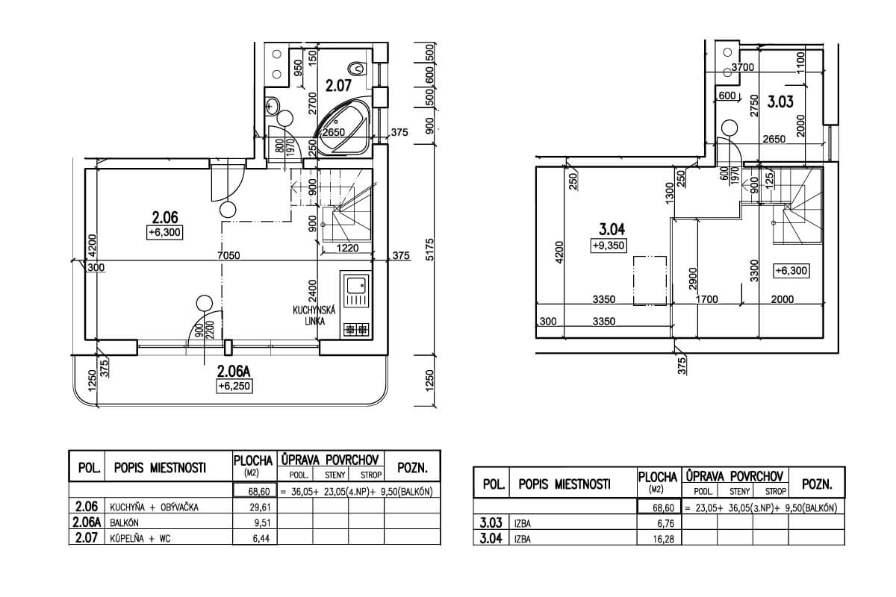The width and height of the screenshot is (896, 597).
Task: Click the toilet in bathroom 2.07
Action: [357, 69]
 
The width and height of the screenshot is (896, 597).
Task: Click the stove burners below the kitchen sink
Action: [356, 330]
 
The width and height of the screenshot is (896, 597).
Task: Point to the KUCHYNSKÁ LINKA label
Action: [314, 316]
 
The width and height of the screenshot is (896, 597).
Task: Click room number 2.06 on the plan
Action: [165, 217]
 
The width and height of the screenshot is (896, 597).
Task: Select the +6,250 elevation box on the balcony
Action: [234, 387]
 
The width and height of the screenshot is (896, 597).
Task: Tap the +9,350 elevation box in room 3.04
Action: [609, 246]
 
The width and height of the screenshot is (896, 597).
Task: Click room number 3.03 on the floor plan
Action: [780, 102]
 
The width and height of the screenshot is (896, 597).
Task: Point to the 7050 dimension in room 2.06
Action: [228, 255]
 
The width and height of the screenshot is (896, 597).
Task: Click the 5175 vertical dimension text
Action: [429, 249]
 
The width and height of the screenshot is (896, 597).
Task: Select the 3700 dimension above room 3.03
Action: [743, 67]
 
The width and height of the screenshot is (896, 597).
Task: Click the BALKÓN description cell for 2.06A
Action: [169, 522]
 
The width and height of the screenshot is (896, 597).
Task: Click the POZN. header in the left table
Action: [412, 467]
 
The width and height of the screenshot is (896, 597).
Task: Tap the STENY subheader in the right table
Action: [739, 491]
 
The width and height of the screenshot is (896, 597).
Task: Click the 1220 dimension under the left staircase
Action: [347, 249]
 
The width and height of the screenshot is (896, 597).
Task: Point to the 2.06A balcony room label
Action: [234, 372]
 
